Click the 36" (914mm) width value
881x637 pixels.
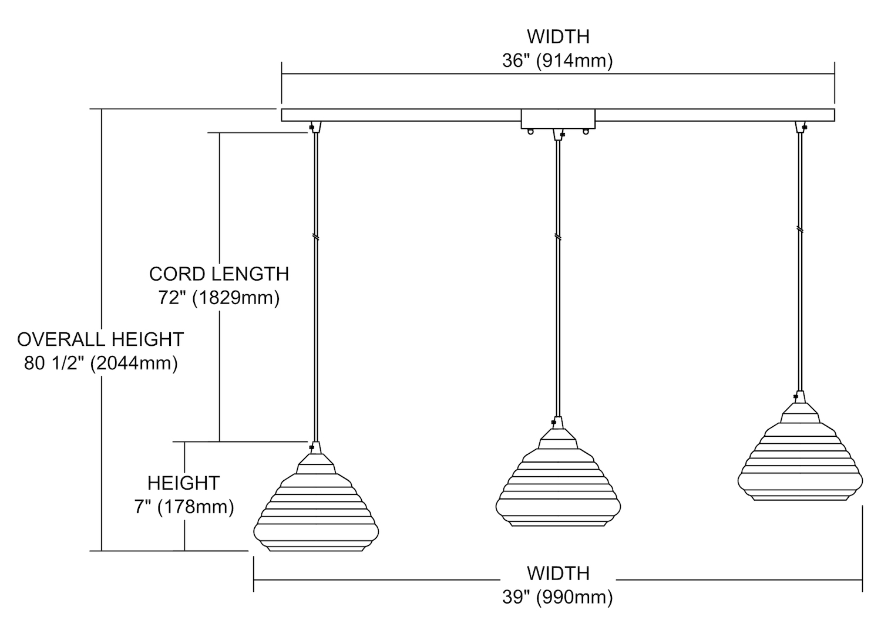[x=557, y=60]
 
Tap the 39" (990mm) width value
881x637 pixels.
[x=557, y=597]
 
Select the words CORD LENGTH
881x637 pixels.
[x=218, y=274]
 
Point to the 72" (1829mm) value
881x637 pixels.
[x=218, y=298]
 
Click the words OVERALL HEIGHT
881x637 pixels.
[x=100, y=339]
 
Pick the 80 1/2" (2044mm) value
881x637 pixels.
[x=100, y=363]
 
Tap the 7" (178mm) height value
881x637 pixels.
[x=184, y=506]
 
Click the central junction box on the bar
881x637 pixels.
[x=558, y=119]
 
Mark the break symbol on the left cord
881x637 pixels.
[x=316, y=237]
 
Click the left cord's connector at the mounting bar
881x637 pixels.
[x=315, y=127]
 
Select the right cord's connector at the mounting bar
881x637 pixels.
[x=801, y=127]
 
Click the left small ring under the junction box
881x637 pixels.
[x=531, y=132]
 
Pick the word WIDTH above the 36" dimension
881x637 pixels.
[x=557, y=36]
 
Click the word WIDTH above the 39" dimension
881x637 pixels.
[x=557, y=573]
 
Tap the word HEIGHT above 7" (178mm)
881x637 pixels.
[x=184, y=483]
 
